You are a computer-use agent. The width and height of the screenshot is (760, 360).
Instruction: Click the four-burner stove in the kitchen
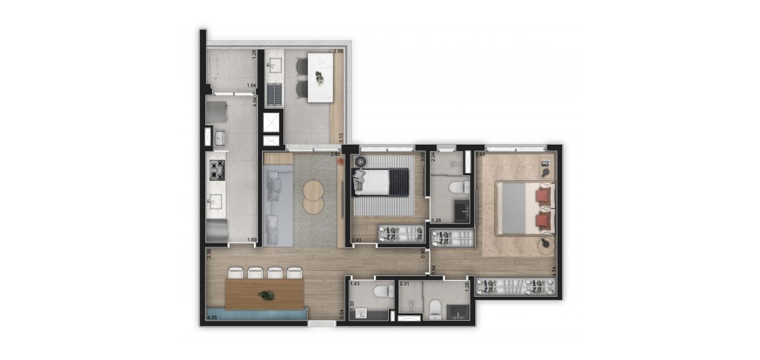217,169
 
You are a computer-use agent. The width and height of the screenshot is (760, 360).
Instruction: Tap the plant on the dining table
268,295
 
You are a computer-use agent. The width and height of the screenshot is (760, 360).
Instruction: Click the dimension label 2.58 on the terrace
338,51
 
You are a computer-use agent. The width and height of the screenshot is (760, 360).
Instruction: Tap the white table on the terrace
319,77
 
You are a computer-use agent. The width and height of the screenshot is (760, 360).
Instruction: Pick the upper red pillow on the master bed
544,195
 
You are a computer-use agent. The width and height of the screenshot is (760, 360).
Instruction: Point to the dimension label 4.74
554,271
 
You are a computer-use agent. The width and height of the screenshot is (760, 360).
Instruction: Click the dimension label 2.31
404,284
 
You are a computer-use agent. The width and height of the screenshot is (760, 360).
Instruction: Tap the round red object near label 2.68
341,161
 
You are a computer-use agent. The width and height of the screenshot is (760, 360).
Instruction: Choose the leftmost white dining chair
235,273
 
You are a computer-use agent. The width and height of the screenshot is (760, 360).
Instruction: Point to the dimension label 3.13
341,139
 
